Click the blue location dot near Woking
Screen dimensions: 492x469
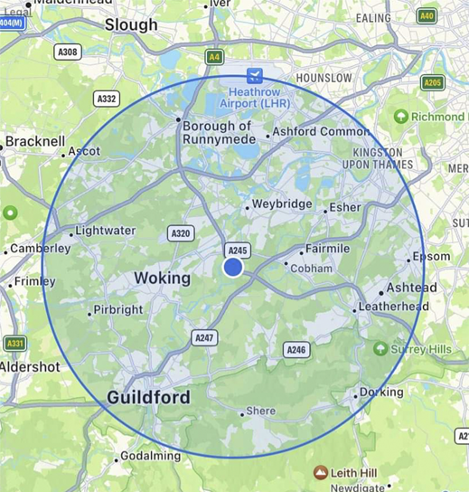pos(233,268)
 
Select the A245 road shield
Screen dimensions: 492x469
pos(238,250)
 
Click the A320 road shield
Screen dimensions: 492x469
pos(181,233)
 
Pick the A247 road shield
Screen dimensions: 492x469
pos(205,337)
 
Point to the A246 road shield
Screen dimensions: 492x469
pos(295,349)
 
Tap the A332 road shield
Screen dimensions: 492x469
pos(107,99)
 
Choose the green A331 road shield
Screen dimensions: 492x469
pos(14,344)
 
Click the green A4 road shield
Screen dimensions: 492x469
pos(214,57)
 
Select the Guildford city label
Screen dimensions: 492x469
pos(148,397)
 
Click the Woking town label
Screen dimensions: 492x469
pos(162,278)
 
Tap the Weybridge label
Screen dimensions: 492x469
pos(282,204)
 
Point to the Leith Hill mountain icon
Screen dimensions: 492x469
pos(320,472)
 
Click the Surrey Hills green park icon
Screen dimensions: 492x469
pos(380,349)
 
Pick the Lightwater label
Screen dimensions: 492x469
pos(105,231)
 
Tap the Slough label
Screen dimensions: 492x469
pos(131,25)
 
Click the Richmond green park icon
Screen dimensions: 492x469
pos(400,117)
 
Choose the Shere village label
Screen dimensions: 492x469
pos(260,411)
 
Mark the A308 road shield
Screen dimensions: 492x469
pos(68,52)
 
